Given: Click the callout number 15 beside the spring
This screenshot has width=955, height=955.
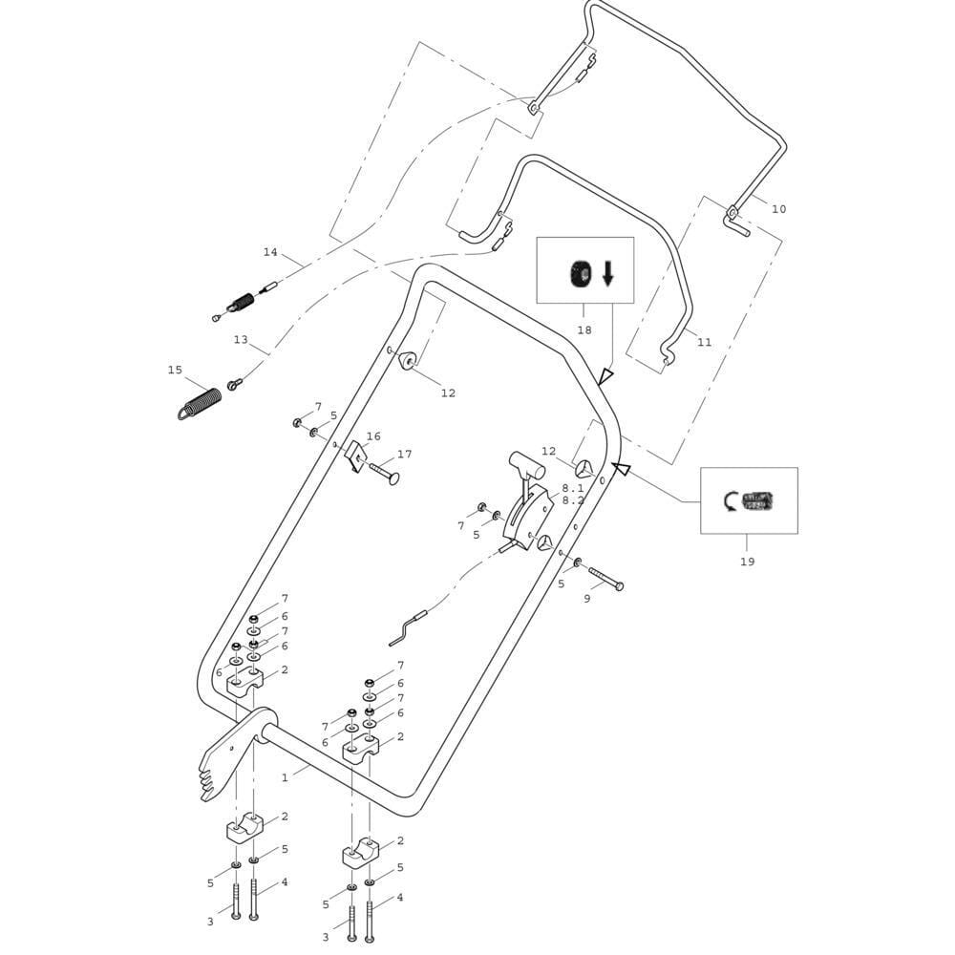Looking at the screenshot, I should point(175,370).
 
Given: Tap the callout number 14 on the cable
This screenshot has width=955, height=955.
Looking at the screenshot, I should point(270,252).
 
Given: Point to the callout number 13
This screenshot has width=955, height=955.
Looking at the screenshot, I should point(241,339).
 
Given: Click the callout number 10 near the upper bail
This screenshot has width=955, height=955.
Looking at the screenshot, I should point(778,209).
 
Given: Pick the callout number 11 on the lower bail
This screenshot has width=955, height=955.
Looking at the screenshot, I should point(704,342).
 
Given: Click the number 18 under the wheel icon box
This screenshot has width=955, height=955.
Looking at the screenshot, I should point(584,330).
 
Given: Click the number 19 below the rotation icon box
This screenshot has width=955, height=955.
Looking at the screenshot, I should point(747,562).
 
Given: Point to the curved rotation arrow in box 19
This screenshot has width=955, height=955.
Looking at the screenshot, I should point(732,499).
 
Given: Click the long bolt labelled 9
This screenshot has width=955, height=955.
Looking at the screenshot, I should point(605,578).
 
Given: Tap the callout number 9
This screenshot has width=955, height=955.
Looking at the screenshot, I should point(586,599).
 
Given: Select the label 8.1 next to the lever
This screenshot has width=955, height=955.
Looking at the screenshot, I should point(573,487).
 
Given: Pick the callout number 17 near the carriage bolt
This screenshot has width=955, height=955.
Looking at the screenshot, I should point(404,455).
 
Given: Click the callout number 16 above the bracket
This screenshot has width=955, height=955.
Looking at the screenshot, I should point(373,436).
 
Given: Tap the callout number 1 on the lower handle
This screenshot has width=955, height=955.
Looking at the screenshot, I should point(285,777).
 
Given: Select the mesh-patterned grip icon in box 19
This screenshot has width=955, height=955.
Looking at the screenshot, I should point(760,499).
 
